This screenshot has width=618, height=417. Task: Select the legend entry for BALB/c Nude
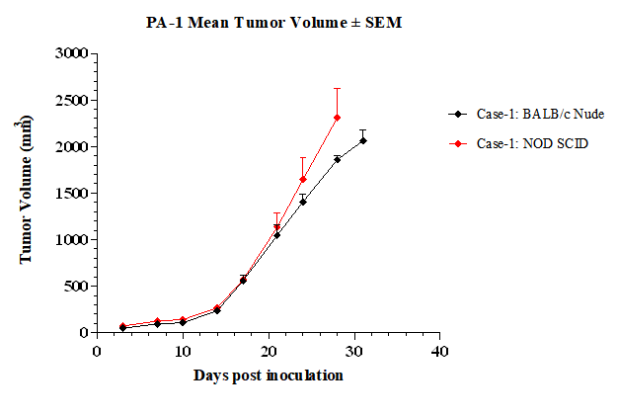pos(526,114)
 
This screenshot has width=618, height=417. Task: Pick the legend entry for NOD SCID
pos(518,143)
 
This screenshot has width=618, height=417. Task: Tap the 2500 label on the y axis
pos(71,100)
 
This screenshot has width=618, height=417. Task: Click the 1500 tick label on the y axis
pos(71,194)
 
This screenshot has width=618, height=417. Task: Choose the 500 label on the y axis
pos(76,286)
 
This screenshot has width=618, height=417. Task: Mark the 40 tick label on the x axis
pos(439,351)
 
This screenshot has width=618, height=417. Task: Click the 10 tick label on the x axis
pos(183,351)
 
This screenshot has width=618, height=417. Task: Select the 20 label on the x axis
pos(269,351)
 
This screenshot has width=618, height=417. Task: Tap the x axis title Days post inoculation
pos(268,375)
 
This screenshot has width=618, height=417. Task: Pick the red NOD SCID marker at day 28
pos(337,118)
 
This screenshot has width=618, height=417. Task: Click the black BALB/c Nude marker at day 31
pos(363,140)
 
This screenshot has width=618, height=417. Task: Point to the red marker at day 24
pos(303,180)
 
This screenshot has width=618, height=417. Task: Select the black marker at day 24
pos(303,202)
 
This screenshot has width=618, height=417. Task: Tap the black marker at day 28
pos(337,159)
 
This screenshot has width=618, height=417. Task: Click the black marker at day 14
pos(217,311)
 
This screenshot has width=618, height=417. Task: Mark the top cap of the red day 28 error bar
pos(337,88)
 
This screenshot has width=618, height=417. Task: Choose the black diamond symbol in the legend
pos(458,114)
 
